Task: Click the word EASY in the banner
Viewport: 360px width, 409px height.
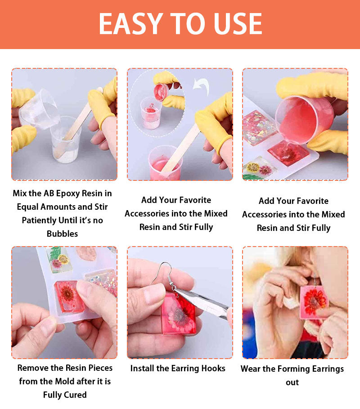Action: click(x=131, y=24)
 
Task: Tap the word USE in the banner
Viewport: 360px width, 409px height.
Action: click(x=238, y=24)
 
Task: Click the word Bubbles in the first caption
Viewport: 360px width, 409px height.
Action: click(x=63, y=234)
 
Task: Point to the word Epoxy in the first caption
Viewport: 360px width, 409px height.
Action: click(x=68, y=193)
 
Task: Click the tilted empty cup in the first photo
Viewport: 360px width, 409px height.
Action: click(x=39, y=109)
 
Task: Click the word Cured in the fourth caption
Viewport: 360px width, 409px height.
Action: click(x=76, y=395)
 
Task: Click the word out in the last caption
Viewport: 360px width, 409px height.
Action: click(x=292, y=382)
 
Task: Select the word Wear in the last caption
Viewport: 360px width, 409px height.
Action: click(x=251, y=369)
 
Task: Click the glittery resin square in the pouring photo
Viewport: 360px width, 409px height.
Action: click(x=259, y=127)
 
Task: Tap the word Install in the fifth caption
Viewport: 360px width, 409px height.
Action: click(x=143, y=369)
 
